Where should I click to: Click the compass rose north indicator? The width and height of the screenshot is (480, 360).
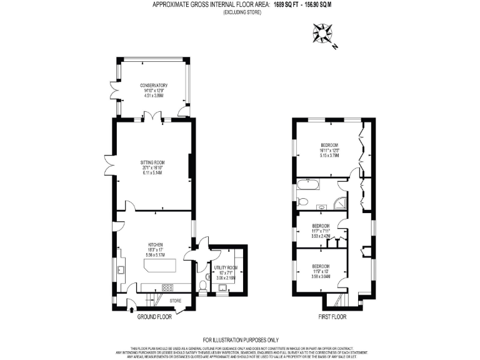click(324, 33)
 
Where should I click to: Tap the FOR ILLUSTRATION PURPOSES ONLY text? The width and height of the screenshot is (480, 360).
click(240, 339)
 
